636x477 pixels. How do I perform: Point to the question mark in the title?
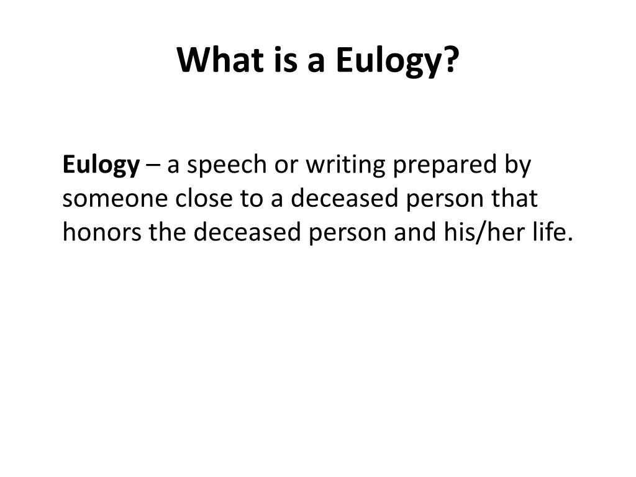click(450, 60)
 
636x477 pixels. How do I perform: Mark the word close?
click(204, 198)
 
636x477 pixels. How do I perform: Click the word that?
click(514, 198)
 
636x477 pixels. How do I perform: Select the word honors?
click(102, 232)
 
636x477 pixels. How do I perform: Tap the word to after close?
click(252, 199)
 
